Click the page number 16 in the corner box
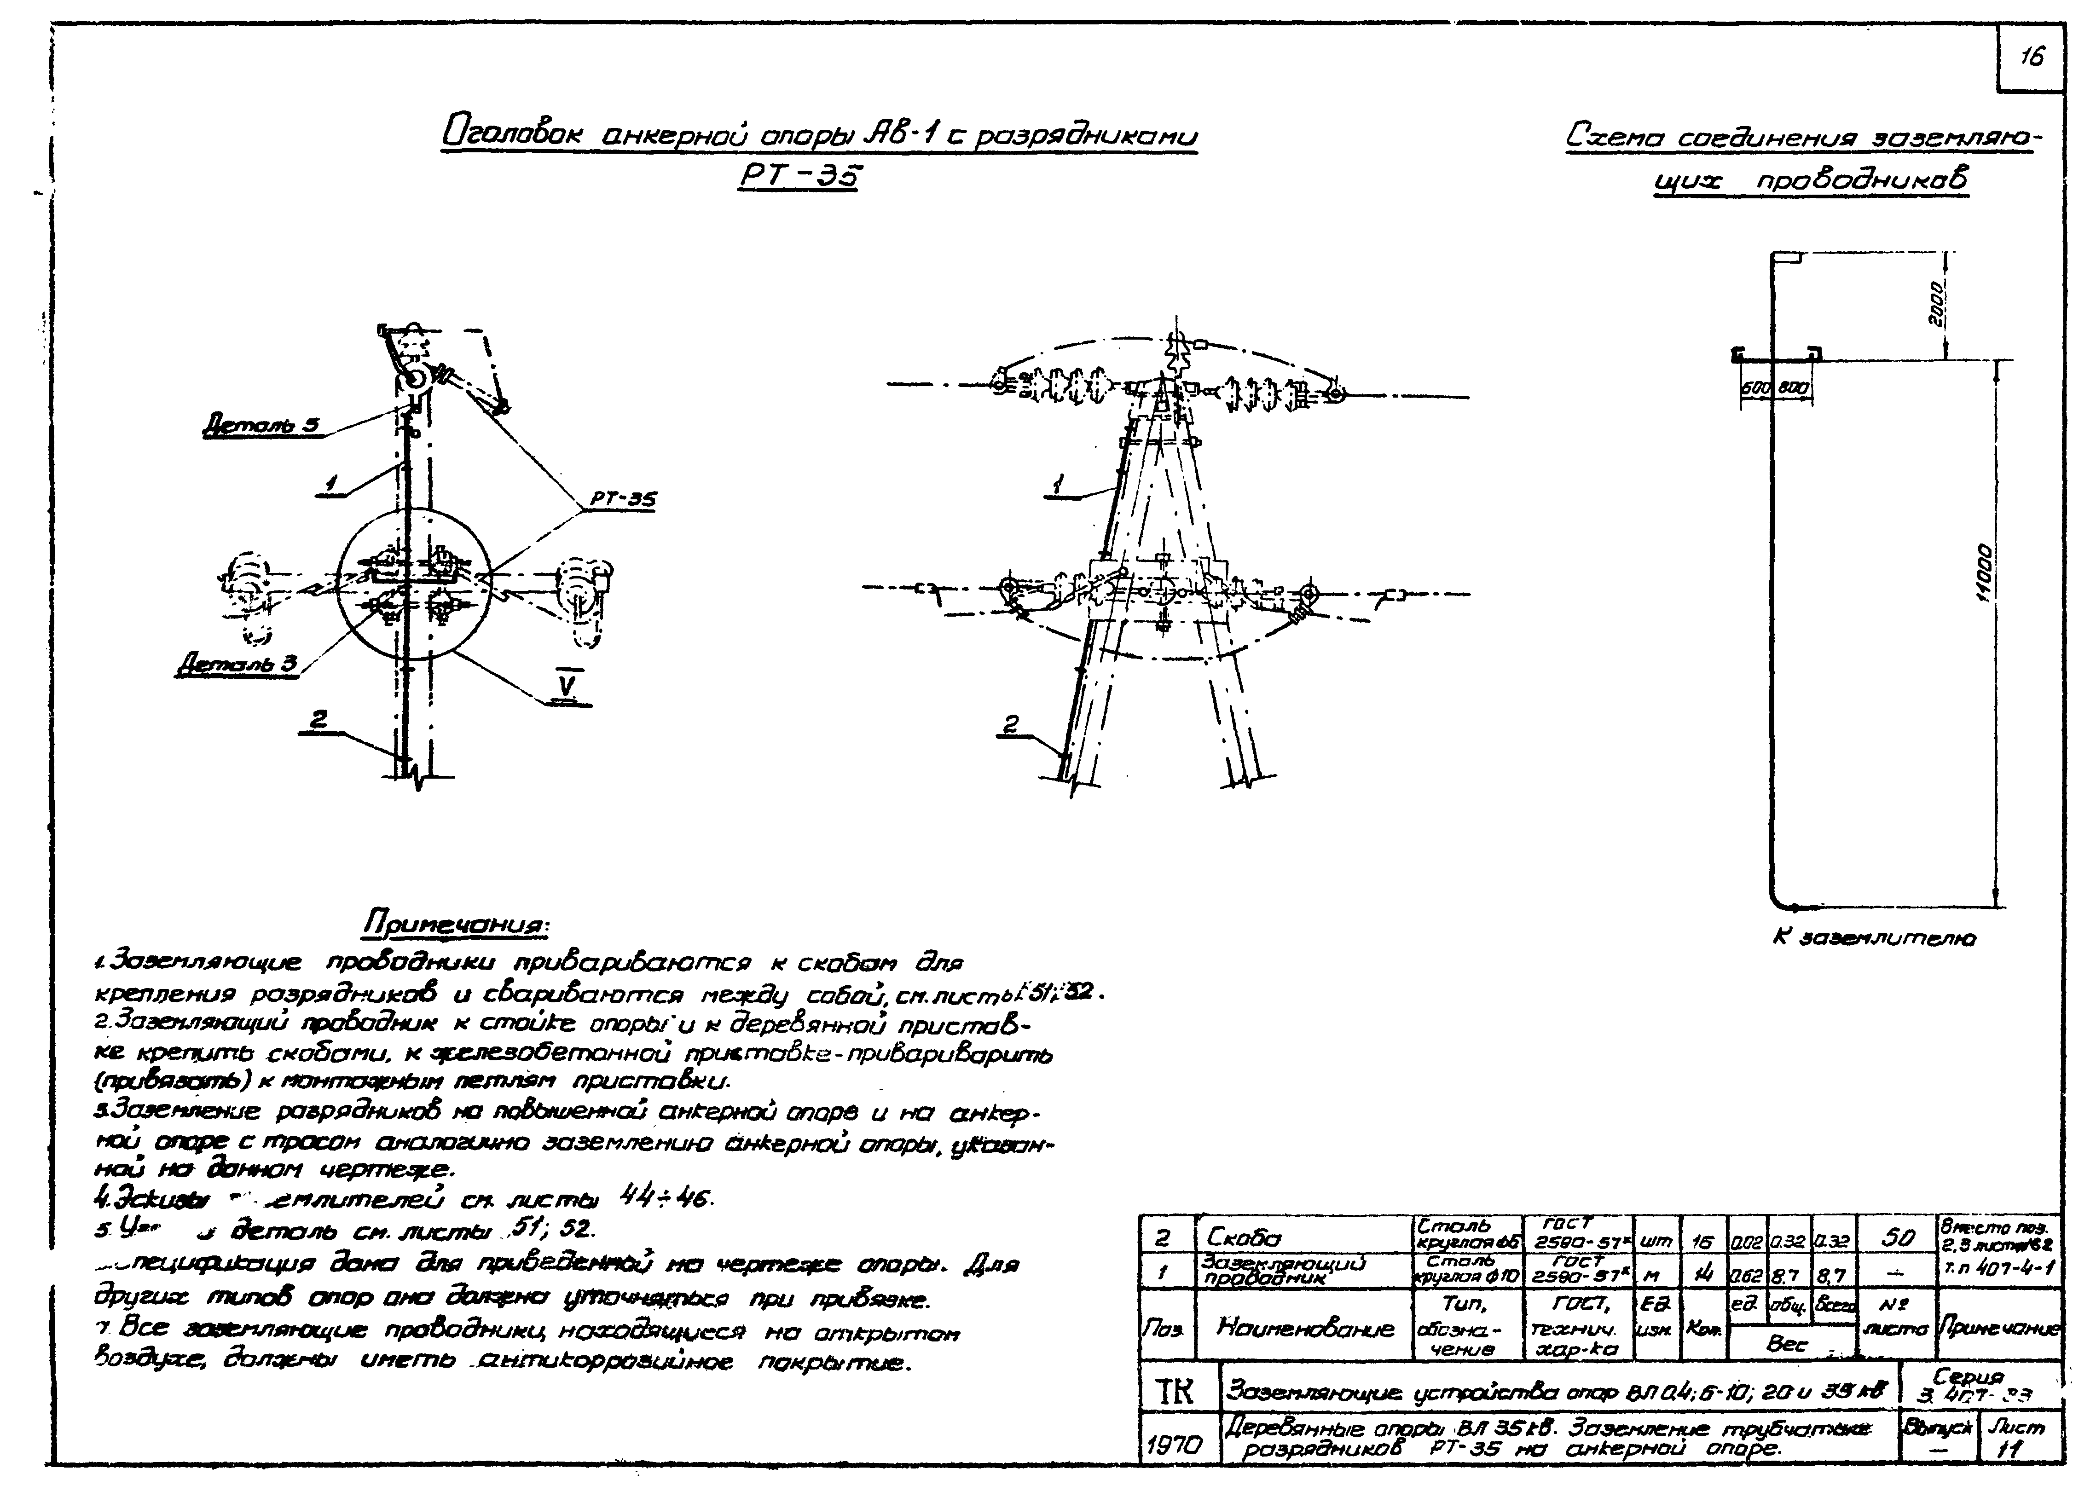point(2031,57)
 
